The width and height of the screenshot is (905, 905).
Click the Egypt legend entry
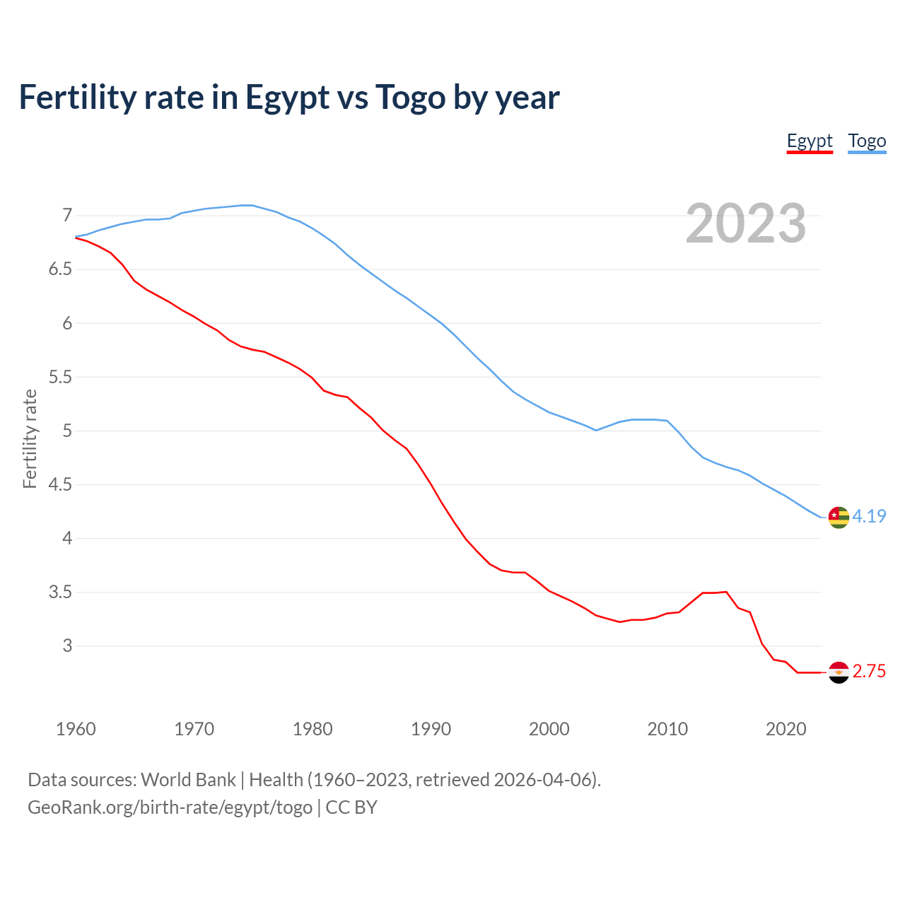pos(810,141)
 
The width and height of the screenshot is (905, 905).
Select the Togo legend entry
pos(867,141)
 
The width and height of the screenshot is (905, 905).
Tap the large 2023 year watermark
pos(746,223)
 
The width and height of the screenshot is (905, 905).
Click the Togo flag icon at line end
pos(839,518)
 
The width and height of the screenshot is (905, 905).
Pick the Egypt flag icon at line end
pos(839,672)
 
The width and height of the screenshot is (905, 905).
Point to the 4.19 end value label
pos(869,517)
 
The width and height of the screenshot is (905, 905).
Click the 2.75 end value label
pos(869,672)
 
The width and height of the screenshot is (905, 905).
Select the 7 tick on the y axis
pos(67,215)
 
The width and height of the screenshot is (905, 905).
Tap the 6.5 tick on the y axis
pos(60,269)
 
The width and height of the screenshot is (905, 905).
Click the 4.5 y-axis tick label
pos(60,484)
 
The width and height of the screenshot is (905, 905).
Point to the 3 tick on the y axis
pos(67,646)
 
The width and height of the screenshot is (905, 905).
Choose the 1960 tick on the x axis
pos(76,729)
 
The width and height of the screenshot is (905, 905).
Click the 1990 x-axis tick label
pos(431,729)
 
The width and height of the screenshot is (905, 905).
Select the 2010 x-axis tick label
pos(667,729)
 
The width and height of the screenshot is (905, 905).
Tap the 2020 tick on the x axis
pos(786,729)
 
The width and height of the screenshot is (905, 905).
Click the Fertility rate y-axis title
pos(30,438)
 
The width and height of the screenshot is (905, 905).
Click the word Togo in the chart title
pos(410,98)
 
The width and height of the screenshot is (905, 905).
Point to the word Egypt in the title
pos(287,98)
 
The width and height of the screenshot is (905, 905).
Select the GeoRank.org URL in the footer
pos(170,807)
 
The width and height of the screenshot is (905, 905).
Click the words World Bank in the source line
pos(188,780)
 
